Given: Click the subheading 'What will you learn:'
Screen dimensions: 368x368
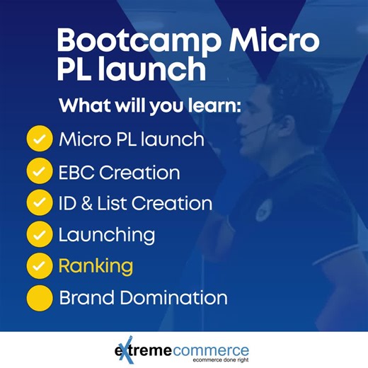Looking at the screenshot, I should tap(151, 106).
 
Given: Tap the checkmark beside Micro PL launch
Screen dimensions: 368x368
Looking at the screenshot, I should tap(40, 139).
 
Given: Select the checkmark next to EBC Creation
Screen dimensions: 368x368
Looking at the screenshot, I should tap(40, 172).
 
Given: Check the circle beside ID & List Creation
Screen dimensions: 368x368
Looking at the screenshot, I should tap(40, 204).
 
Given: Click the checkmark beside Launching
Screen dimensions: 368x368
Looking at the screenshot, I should tap(40, 235).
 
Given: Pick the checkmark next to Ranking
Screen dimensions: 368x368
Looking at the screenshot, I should tap(40, 267).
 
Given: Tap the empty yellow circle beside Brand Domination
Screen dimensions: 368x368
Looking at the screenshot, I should tap(40, 298).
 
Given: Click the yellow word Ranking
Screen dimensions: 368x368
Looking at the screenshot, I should tap(96, 267).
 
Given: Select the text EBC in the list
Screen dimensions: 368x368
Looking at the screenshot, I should tap(78, 172).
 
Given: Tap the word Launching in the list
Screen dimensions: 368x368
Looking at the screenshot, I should tap(106, 235).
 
